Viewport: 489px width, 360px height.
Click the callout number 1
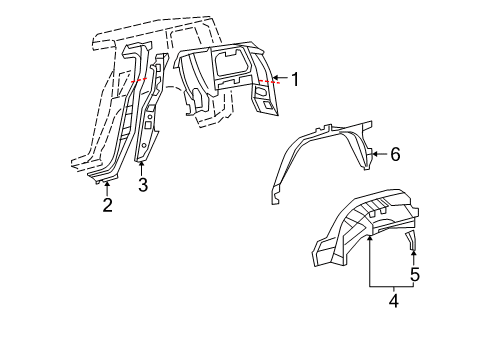pos(294,78)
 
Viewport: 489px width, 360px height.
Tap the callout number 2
pos(107,206)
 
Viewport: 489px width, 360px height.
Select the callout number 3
pos(143,184)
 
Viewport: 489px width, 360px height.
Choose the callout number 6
pos(395,154)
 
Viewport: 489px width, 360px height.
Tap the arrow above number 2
pos(107,188)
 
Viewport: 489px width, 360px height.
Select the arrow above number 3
pos(142,167)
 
